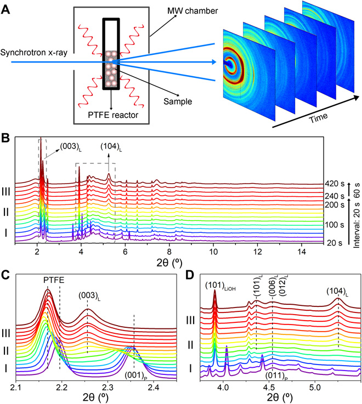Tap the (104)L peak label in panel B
click(109, 147)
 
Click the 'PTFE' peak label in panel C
click(54, 281)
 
